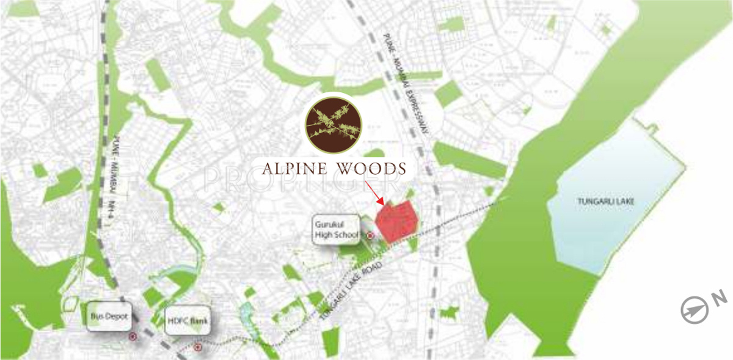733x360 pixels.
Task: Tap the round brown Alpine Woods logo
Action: (x=333, y=124)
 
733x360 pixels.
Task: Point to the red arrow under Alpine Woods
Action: (x=374, y=193)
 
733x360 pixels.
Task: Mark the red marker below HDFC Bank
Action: (x=197, y=347)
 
